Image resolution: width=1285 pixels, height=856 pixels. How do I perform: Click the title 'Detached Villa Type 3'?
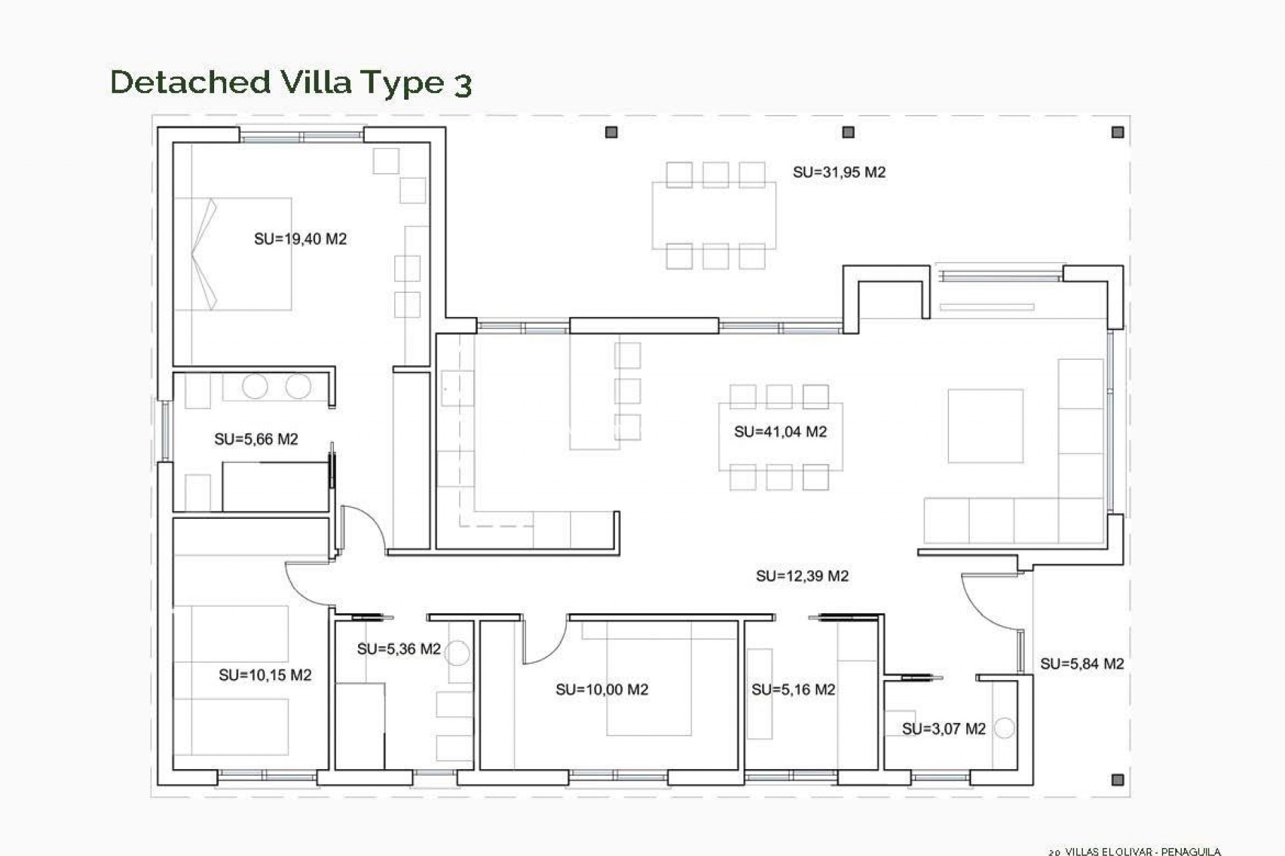coord(291,83)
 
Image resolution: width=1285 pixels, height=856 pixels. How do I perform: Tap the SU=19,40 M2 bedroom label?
coord(300,239)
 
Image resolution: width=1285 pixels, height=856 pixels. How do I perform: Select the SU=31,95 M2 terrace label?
coord(839,172)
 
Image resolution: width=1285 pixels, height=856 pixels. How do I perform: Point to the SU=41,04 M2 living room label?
coord(780,431)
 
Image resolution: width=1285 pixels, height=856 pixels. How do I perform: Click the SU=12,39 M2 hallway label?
coord(802,576)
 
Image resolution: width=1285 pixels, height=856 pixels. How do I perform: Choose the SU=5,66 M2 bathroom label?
coord(256,439)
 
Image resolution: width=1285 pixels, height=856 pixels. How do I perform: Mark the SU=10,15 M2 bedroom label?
coord(265,675)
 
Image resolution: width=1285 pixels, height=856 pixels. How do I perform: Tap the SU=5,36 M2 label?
coord(399,649)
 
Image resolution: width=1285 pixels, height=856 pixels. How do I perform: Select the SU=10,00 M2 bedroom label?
coord(602,689)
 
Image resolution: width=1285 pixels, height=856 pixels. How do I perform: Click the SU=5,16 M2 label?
coord(793,689)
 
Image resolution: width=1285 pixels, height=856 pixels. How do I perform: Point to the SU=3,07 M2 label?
coord(944,729)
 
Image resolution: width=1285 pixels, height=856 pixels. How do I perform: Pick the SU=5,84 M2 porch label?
coord(1082,664)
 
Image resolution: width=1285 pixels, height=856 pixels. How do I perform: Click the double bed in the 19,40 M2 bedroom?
coord(233,253)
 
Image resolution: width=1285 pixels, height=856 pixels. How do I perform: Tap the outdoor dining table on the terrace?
coord(714,215)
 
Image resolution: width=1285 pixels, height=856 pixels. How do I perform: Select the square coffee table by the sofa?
coord(985,426)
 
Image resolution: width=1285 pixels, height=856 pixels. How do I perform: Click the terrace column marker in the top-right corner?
coord(1117,132)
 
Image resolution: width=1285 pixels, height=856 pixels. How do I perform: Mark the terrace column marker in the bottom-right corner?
coord(1117,780)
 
